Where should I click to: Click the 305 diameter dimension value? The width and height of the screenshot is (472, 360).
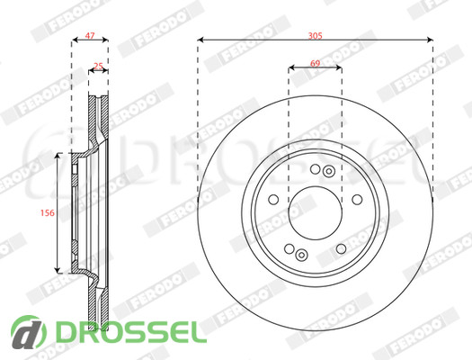316,36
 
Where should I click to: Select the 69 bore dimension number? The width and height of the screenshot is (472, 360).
316,63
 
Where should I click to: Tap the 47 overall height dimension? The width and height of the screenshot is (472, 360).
90,35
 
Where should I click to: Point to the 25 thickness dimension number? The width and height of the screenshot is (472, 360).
98,66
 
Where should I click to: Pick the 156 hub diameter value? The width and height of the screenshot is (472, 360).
48,212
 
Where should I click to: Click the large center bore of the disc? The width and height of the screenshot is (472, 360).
316,213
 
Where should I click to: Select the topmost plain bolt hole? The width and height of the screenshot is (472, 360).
316,169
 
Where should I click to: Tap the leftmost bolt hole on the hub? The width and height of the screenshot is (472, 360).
273,200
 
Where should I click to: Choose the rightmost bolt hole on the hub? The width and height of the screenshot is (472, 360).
357,200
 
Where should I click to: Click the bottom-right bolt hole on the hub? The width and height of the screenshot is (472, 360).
341,248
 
